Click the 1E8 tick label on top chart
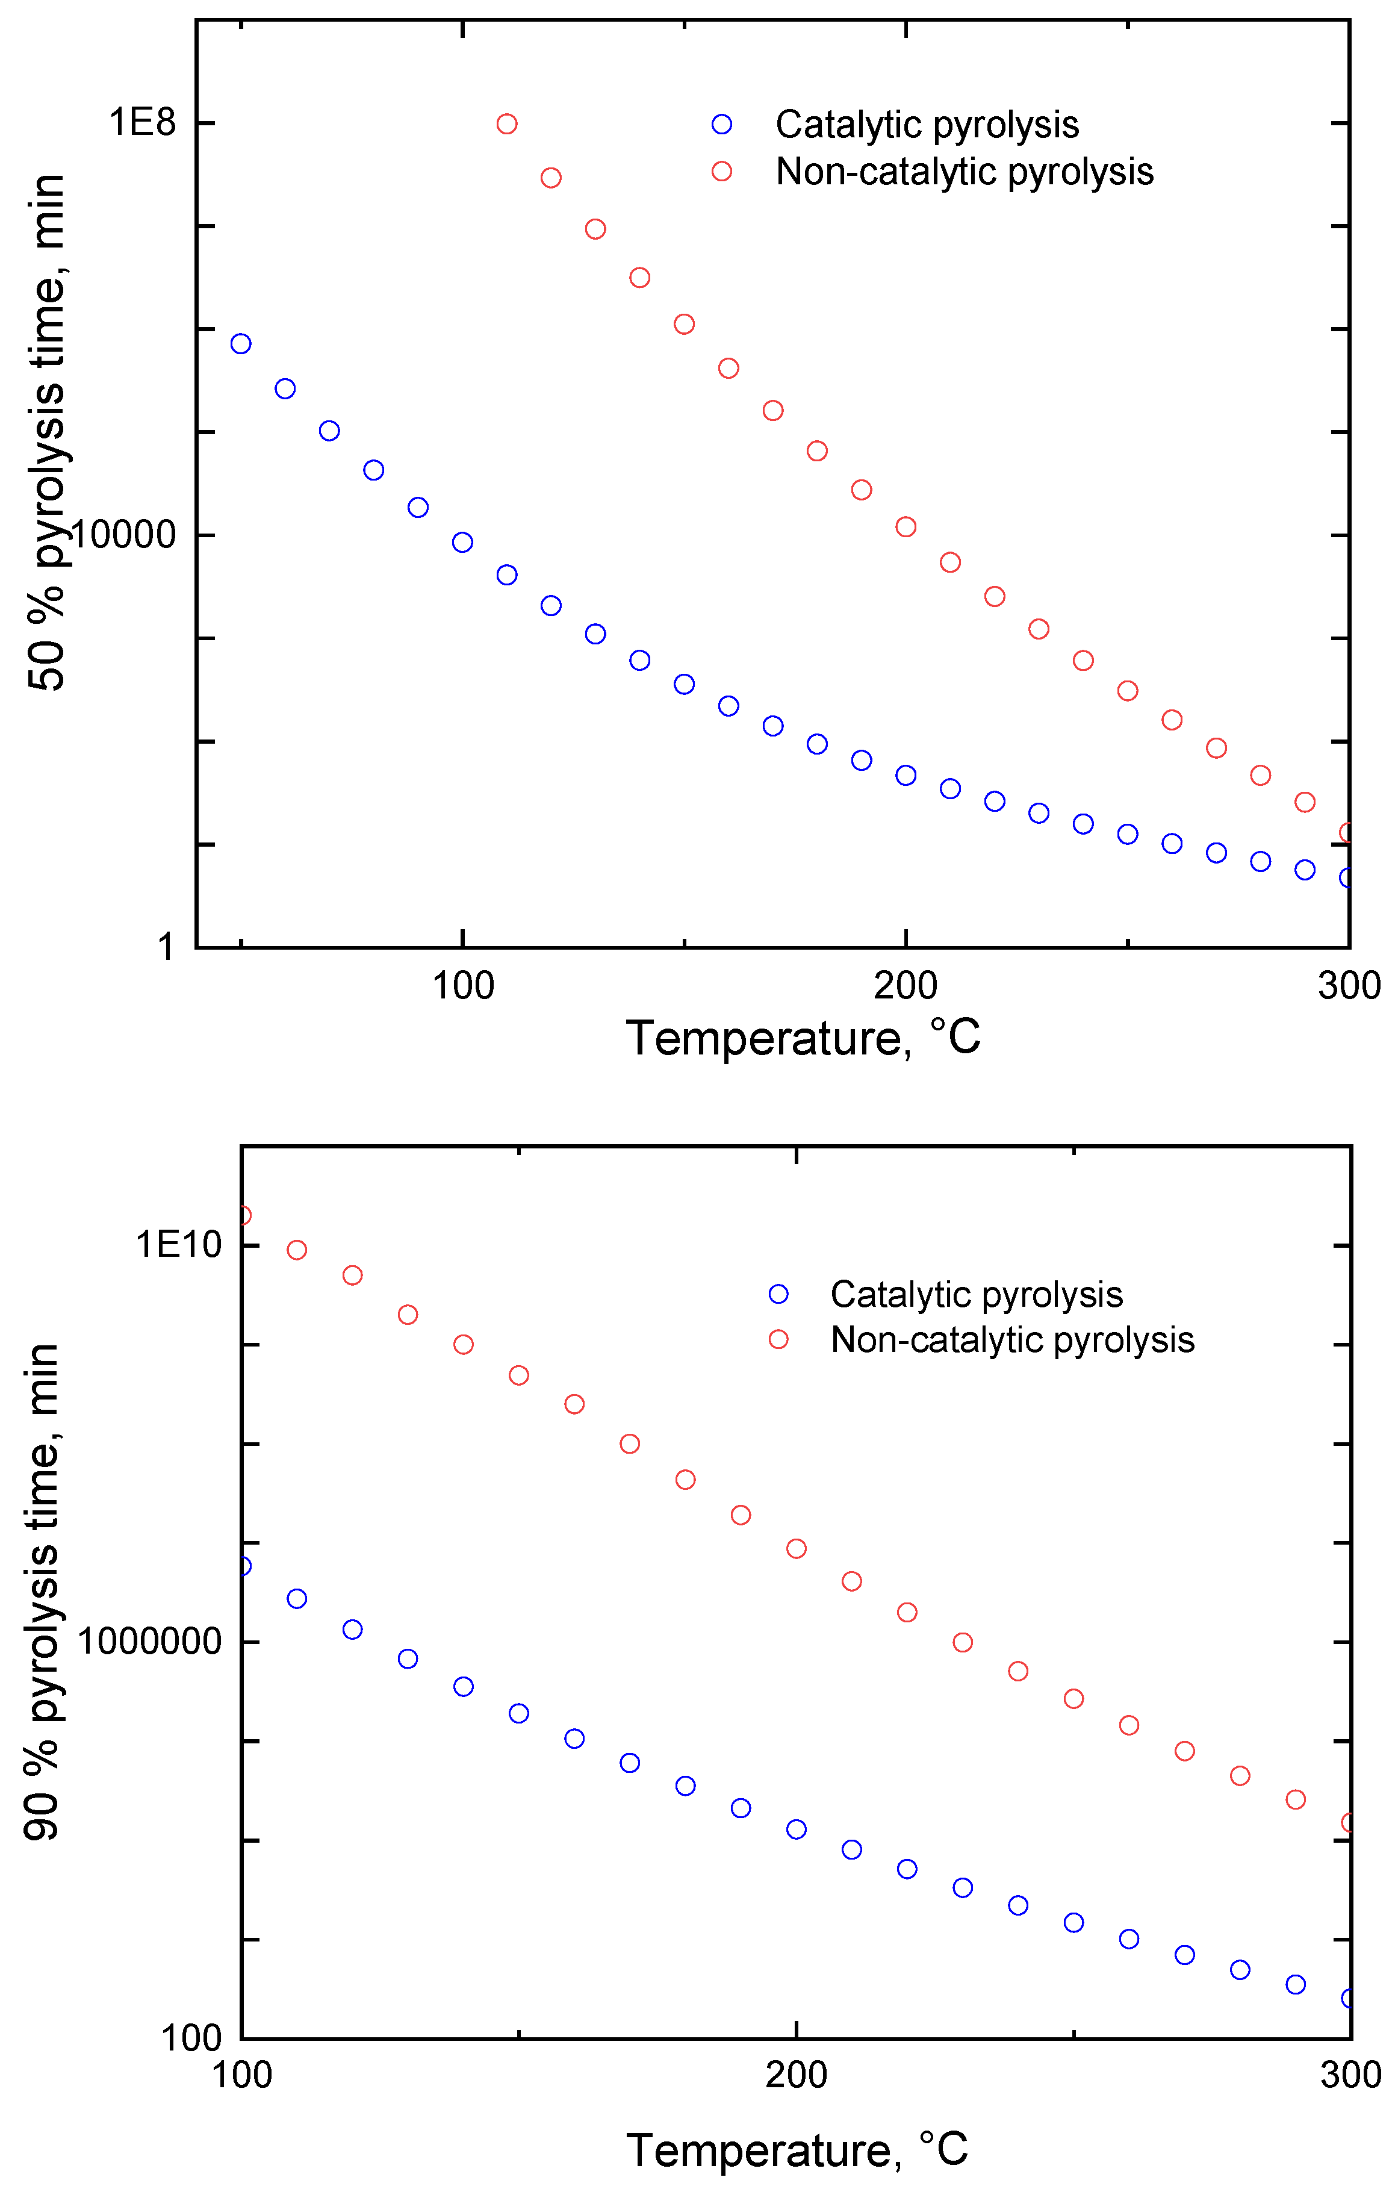pyautogui.click(x=142, y=123)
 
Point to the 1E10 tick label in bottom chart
pyautogui.click(x=178, y=1245)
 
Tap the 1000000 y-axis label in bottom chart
pyautogui.click(x=149, y=1642)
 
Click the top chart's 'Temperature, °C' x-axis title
pyautogui.click(x=804, y=1038)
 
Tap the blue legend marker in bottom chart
pyautogui.click(x=778, y=1294)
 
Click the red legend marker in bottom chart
pyautogui.click(x=778, y=1339)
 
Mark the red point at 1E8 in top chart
pyautogui.click(x=507, y=123)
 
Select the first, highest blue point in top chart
pyautogui.click(x=241, y=344)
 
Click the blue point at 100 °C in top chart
pyautogui.click(x=462, y=543)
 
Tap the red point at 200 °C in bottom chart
pyautogui.click(x=797, y=1548)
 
